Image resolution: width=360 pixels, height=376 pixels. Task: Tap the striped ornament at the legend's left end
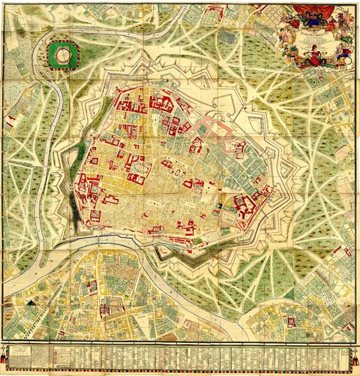click(7, 353)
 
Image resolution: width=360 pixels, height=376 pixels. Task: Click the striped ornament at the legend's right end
click(353, 353)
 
